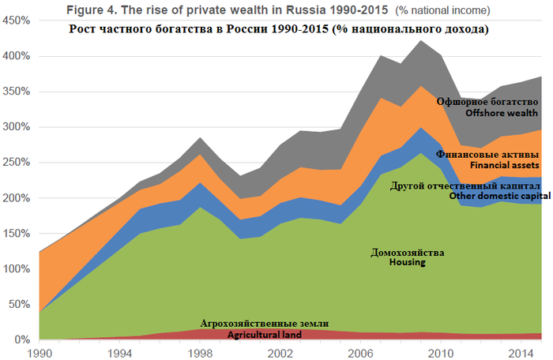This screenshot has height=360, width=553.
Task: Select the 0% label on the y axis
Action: tap(21, 339)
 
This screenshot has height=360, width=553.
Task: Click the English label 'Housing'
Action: tap(408, 262)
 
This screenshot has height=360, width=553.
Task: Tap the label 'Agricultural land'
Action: tap(265, 335)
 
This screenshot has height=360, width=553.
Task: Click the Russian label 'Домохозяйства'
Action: tap(408, 252)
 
